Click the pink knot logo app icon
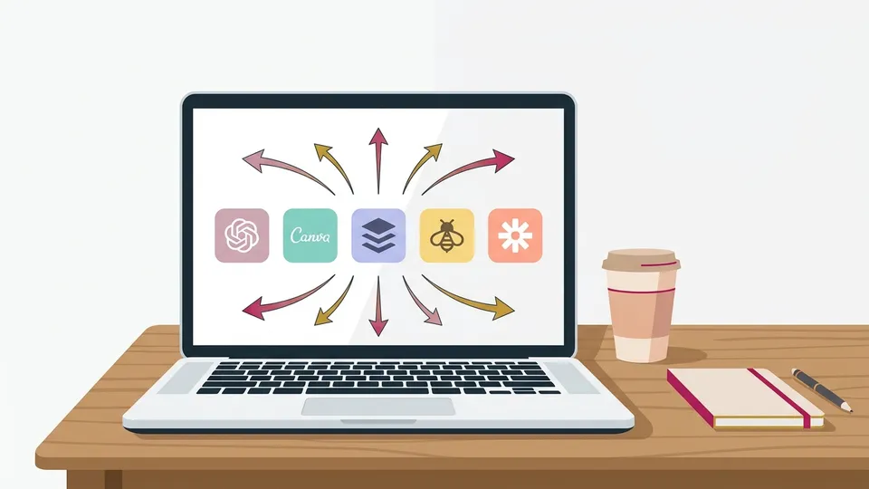tap(242, 235)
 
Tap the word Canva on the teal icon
tap(310, 235)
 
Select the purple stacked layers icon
tap(378, 235)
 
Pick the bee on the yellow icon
tap(446, 235)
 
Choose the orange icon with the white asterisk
tap(515, 235)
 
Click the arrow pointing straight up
tap(378, 160)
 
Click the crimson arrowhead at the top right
tap(504, 161)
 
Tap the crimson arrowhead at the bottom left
tap(253, 308)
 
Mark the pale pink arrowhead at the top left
tap(253, 160)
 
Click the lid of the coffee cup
tap(641, 260)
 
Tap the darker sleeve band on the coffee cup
tap(640, 312)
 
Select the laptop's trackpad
tap(378, 407)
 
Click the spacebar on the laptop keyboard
tap(378, 390)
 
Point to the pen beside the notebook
tap(821, 390)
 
